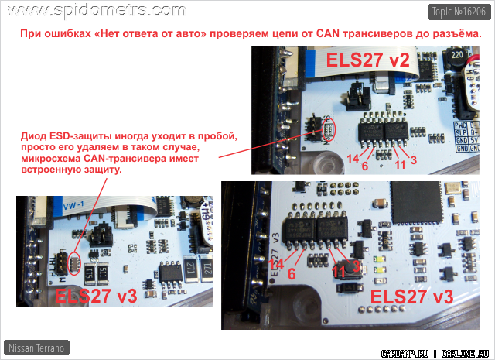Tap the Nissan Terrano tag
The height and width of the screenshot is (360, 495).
point(36,348)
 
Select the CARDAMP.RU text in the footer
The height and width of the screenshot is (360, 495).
point(405,352)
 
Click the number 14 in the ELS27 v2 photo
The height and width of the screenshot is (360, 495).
point(352,158)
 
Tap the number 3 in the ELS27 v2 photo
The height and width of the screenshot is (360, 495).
point(414,160)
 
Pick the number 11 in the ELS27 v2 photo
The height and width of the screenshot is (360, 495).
point(400,163)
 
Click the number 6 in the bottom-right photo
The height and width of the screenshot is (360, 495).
point(292,273)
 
